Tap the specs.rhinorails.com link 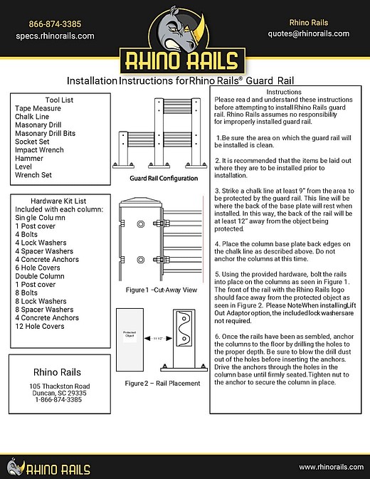(x=55, y=35)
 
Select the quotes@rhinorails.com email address (x=308, y=33)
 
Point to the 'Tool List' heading (x=60, y=100)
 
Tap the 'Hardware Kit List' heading (x=60, y=201)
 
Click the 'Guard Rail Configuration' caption (x=164, y=179)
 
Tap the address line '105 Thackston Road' (x=60, y=386)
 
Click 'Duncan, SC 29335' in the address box (x=60, y=393)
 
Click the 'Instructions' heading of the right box (x=287, y=93)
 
